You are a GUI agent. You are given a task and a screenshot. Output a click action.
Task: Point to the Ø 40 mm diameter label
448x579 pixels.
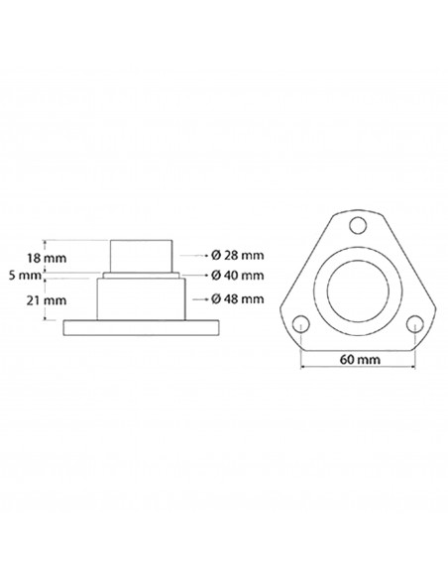tap(239, 274)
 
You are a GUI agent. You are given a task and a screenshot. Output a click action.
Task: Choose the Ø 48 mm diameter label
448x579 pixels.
tap(239, 297)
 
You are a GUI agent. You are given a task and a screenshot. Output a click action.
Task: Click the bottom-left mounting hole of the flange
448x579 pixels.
tap(299, 323)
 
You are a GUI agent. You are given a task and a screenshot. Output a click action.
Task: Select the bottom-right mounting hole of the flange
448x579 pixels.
tap(414, 323)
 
